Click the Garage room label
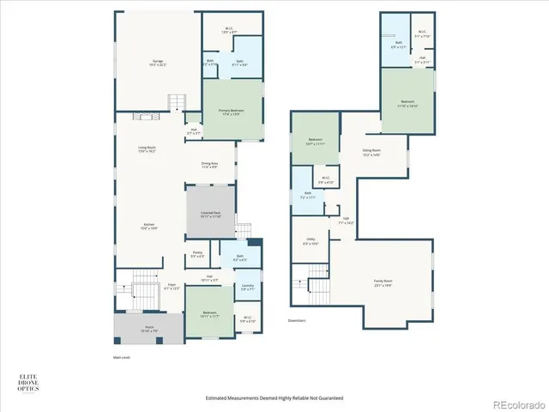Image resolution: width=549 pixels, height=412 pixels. (x=159, y=64)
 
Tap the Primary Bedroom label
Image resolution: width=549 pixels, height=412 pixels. (x=232, y=112)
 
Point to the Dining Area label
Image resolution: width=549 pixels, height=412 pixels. (x=210, y=166)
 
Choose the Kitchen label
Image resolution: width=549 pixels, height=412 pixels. (x=148, y=227)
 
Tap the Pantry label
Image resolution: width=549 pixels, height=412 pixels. (x=197, y=254)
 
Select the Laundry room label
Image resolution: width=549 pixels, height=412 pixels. (x=247, y=288)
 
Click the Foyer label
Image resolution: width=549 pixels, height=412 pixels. (x=172, y=288)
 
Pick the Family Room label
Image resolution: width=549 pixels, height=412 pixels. (x=383, y=282)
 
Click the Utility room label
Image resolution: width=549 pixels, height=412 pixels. (x=311, y=243)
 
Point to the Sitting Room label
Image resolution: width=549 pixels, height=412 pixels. (x=371, y=152)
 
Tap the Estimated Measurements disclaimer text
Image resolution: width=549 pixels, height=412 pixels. (x=274, y=397)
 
